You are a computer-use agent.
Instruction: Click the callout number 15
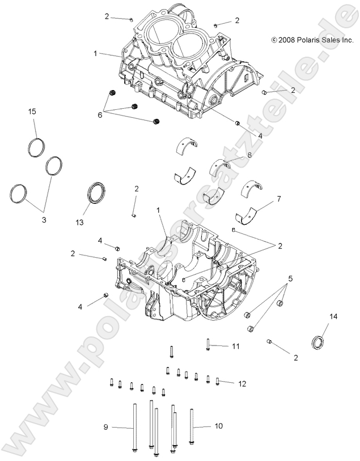coord(32,112)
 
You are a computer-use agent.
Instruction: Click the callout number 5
coord(290,279)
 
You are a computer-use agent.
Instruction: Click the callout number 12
coord(242,383)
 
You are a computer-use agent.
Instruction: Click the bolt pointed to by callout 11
coord(208,344)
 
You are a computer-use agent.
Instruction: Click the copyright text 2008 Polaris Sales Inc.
coord(312,40)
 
